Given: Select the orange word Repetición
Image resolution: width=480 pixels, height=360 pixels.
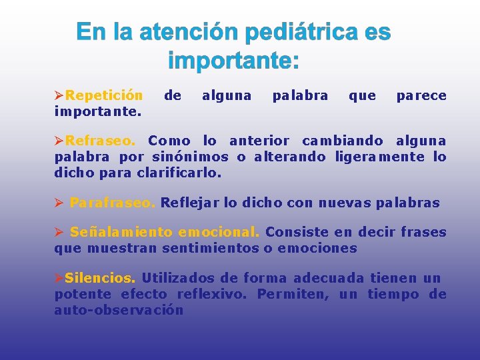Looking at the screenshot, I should pos(104,95).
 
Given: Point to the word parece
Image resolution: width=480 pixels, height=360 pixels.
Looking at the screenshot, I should pos(421,95).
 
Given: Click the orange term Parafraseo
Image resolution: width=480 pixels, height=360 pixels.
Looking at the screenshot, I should pos(113,203).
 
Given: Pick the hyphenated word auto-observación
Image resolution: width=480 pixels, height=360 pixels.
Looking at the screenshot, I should pos(119,310).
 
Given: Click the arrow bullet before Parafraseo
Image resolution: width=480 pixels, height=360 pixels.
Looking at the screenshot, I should pos(59,203).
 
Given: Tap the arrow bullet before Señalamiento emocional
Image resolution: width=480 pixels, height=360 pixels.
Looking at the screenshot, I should pos(59,232).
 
